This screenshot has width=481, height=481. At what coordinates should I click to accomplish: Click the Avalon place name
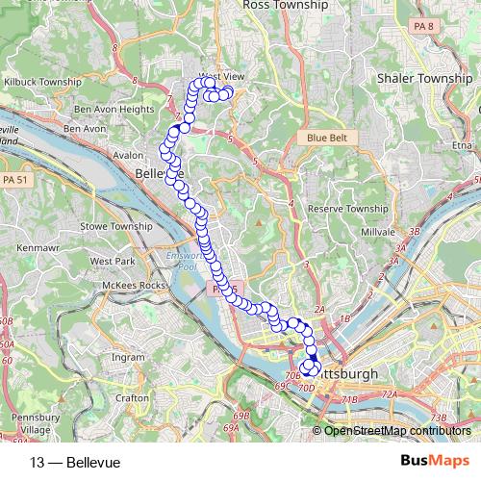click(x=127, y=154)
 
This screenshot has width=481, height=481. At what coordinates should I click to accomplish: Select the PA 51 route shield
click(x=14, y=179)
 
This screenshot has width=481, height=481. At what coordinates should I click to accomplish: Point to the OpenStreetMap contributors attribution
click(x=397, y=430)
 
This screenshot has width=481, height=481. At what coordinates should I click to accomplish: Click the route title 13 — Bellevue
click(x=76, y=462)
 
